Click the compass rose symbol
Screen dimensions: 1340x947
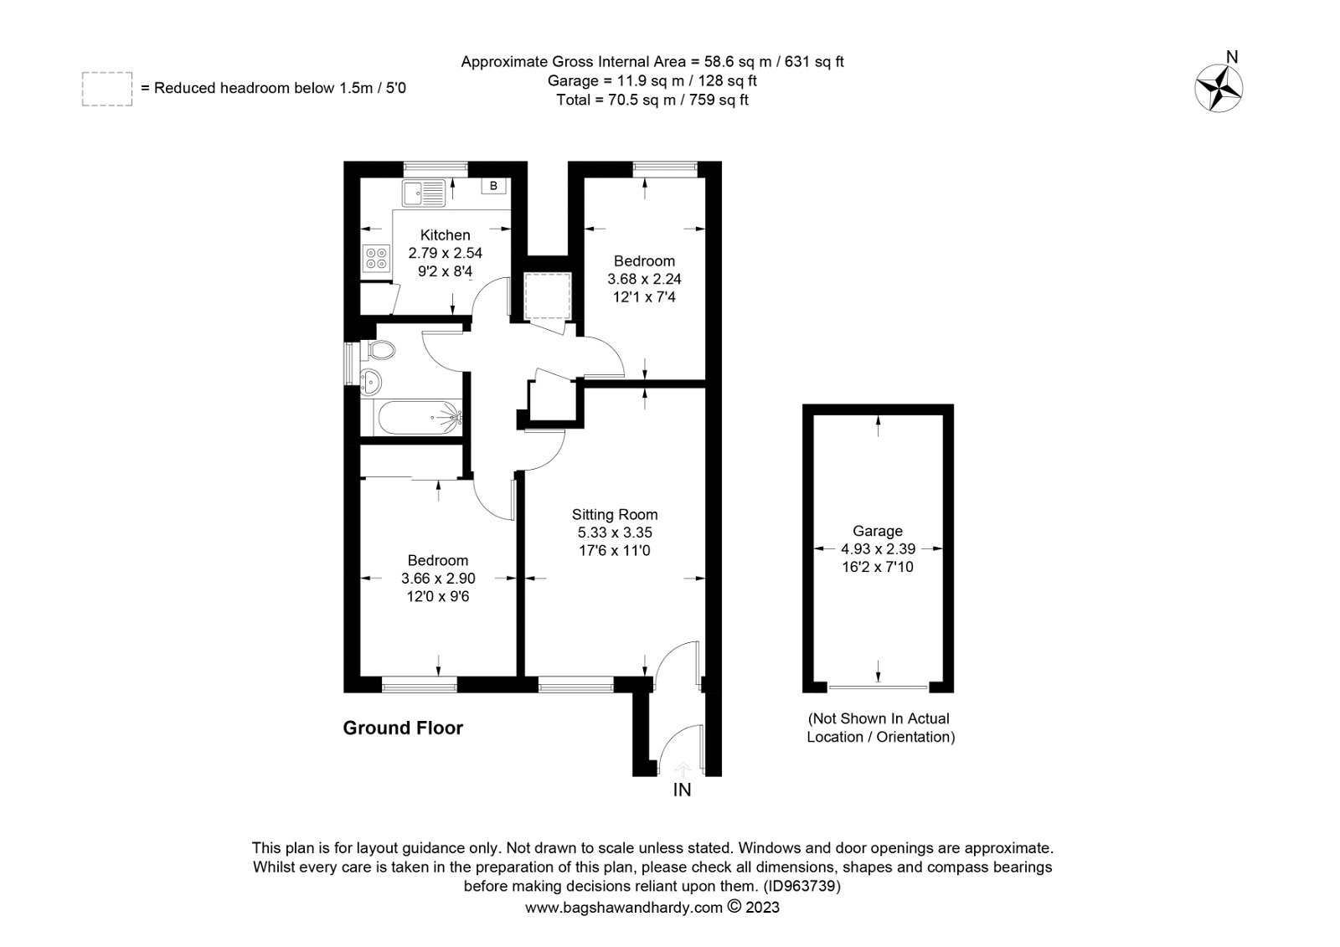click(1219, 89)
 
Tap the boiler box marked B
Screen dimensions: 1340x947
click(493, 186)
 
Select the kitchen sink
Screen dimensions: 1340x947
click(424, 193)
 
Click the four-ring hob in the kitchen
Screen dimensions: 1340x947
click(377, 259)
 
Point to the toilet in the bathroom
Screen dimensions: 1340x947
click(377, 351)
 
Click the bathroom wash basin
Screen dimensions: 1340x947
click(371, 381)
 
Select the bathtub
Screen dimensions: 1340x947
click(418, 418)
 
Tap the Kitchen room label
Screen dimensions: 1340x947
click(445, 235)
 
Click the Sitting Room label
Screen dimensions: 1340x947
click(615, 514)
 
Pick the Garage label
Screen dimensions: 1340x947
click(878, 531)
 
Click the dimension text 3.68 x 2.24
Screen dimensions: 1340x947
click(644, 279)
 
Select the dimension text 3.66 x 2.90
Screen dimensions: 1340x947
click(438, 579)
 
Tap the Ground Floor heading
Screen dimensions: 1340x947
click(403, 728)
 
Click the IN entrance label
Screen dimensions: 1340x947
click(682, 790)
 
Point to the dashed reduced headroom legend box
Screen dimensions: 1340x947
click(107, 89)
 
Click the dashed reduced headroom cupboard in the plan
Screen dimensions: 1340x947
click(548, 296)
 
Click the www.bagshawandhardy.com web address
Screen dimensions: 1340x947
click(624, 908)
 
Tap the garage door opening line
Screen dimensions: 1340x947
click(878, 687)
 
